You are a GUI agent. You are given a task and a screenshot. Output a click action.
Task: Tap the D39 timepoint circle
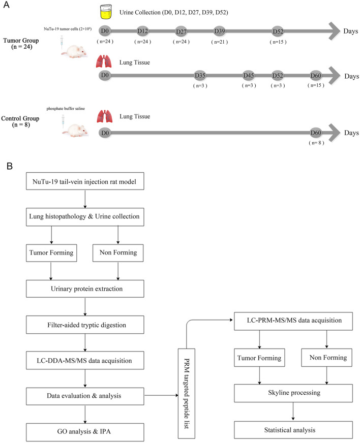click(220, 30)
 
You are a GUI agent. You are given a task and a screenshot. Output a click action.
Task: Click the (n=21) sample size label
click(220, 41)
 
